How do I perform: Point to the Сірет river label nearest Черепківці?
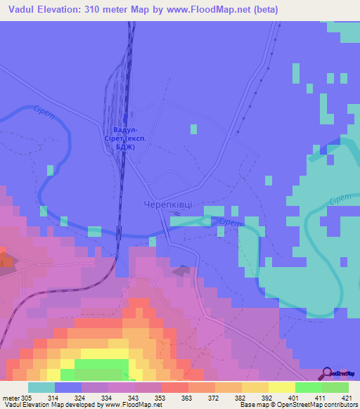point(229,223)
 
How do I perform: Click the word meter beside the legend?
point(10,397)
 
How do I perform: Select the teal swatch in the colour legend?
point(41,387)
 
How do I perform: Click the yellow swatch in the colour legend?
point(282,387)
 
